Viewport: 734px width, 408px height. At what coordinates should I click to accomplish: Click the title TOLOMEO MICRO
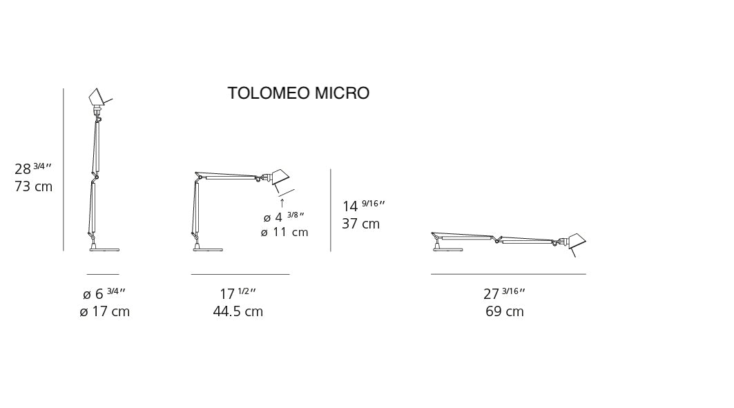298,93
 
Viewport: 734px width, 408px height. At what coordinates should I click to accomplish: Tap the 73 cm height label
34,186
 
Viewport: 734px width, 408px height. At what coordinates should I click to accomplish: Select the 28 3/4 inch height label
32,168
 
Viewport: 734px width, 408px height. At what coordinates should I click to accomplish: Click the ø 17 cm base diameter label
104,311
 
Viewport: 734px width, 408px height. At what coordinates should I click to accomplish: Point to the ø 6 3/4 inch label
104,293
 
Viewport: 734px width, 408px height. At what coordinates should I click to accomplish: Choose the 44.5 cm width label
238,311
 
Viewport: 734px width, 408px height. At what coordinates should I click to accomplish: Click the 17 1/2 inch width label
238,293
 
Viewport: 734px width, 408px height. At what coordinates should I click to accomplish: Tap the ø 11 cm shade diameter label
284,232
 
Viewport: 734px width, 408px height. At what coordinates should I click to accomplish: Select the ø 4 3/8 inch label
284,217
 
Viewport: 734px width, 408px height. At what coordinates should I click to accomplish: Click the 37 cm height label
360,224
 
